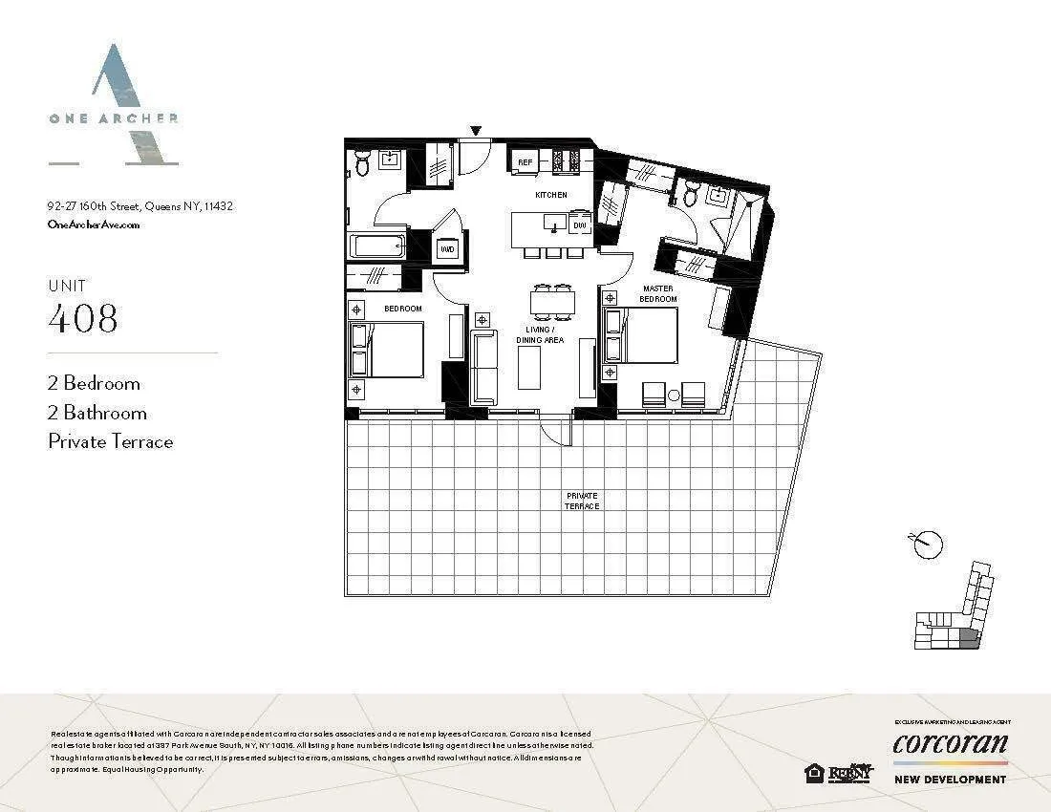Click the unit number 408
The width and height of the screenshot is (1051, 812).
[83, 318]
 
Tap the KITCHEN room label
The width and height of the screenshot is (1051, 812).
[551, 195]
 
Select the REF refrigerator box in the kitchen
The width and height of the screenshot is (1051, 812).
[525, 162]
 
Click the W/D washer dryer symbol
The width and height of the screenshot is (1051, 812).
[446, 250]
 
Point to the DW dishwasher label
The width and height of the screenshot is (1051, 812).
[579, 226]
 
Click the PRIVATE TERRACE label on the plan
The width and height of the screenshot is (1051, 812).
[582, 501]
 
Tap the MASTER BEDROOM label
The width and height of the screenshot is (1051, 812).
[658, 293]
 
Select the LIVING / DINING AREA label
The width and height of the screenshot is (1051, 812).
[540, 334]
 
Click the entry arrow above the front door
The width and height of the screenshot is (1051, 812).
[476, 131]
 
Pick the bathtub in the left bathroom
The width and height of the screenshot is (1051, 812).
[378, 246]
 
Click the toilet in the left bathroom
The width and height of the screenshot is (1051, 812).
[362, 164]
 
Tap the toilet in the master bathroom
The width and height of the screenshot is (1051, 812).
[691, 194]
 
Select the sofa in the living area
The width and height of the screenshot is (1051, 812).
[484, 367]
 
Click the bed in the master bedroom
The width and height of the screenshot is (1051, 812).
[644, 334]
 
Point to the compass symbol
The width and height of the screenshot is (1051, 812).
[927, 545]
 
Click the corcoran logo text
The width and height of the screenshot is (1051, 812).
[950, 743]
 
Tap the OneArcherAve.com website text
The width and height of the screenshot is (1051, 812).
[94, 224]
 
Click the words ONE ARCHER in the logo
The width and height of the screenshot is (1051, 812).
[114, 118]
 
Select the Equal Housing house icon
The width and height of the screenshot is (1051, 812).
[815, 773]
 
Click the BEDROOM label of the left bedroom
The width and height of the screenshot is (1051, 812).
[403, 309]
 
